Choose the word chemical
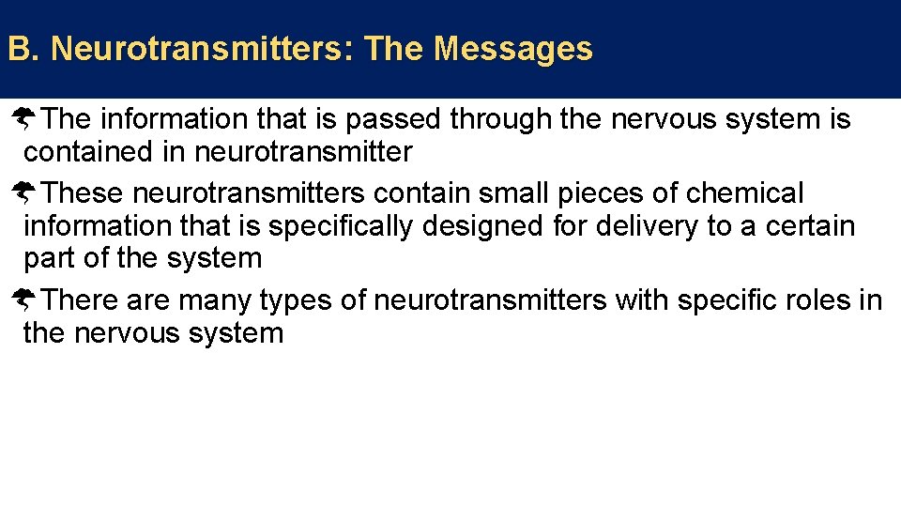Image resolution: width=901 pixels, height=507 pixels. tap(745, 193)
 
